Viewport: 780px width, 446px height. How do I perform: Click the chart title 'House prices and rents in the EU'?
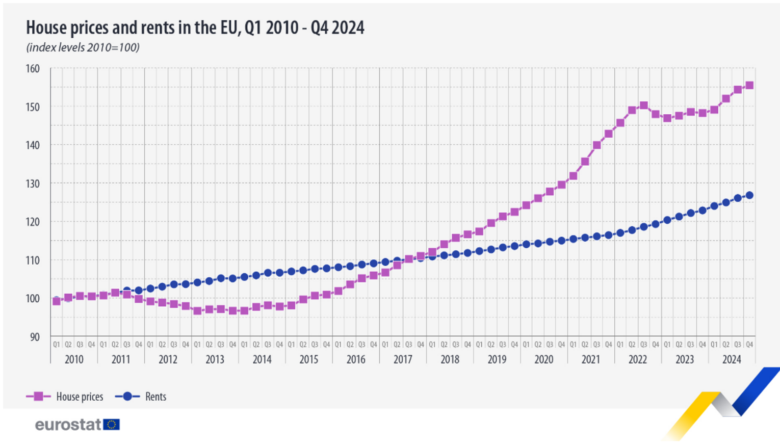point(195,28)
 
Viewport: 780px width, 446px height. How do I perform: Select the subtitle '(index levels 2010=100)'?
point(83,47)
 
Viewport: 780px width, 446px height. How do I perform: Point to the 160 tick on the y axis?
point(32,68)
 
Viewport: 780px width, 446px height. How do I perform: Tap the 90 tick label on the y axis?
point(34,337)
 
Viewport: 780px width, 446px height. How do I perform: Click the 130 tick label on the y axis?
point(32,183)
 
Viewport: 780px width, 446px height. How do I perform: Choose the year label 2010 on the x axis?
point(74,359)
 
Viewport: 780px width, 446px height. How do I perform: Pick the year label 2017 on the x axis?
point(403,359)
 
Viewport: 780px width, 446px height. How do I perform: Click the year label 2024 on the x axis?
point(732,359)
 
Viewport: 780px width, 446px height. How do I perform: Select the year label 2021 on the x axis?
point(591,359)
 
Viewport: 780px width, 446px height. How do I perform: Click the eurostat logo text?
point(68,425)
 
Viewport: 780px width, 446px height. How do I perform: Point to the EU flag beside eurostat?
point(112,425)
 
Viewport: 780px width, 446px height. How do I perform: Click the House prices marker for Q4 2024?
point(749,86)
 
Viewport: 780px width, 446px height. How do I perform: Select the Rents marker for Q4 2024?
point(749,195)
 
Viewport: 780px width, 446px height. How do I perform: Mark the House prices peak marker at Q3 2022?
point(644,106)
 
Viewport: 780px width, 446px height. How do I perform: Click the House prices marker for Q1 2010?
point(57,301)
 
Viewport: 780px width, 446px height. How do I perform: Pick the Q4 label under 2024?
point(749,345)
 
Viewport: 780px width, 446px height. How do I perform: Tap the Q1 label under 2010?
point(57,345)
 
